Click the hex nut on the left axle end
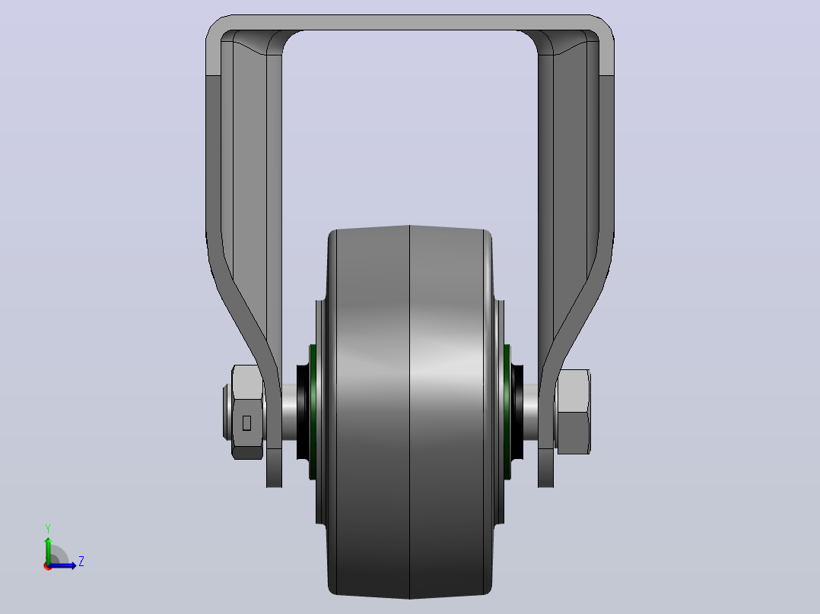(246, 412)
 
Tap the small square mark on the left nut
(246, 423)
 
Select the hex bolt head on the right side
(574, 412)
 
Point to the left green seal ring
(313, 412)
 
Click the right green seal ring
(507, 412)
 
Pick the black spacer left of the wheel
(302, 412)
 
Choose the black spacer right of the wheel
(517, 412)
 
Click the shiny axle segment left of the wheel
(289, 412)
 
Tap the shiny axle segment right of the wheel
(531, 412)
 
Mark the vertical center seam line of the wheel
(409, 412)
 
